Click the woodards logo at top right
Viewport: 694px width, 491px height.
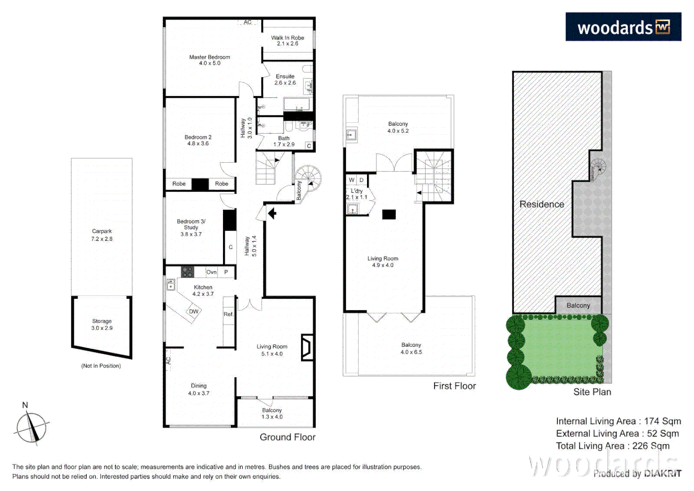coord(623,27)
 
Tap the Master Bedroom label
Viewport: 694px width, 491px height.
coord(209,60)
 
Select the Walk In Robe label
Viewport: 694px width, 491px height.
coord(288,40)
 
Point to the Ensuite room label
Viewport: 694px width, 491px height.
coord(285,80)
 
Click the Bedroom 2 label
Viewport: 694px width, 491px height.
coord(198,140)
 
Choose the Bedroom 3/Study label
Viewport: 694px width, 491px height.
coord(191,227)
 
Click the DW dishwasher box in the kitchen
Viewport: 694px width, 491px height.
coord(194,311)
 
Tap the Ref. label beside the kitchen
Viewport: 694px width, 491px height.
coord(228,314)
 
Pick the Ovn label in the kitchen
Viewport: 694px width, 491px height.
coord(211,272)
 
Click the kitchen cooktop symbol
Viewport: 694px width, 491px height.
coord(188,272)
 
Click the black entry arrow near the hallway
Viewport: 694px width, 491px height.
coord(272,213)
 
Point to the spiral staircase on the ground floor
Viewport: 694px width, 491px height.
coord(309,179)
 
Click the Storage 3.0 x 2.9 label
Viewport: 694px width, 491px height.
coord(102,324)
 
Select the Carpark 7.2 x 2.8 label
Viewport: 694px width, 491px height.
coord(102,235)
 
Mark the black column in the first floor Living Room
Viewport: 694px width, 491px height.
coord(389,215)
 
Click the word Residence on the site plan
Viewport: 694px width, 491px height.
coord(541,205)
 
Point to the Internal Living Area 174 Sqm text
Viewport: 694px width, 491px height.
coord(618,421)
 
